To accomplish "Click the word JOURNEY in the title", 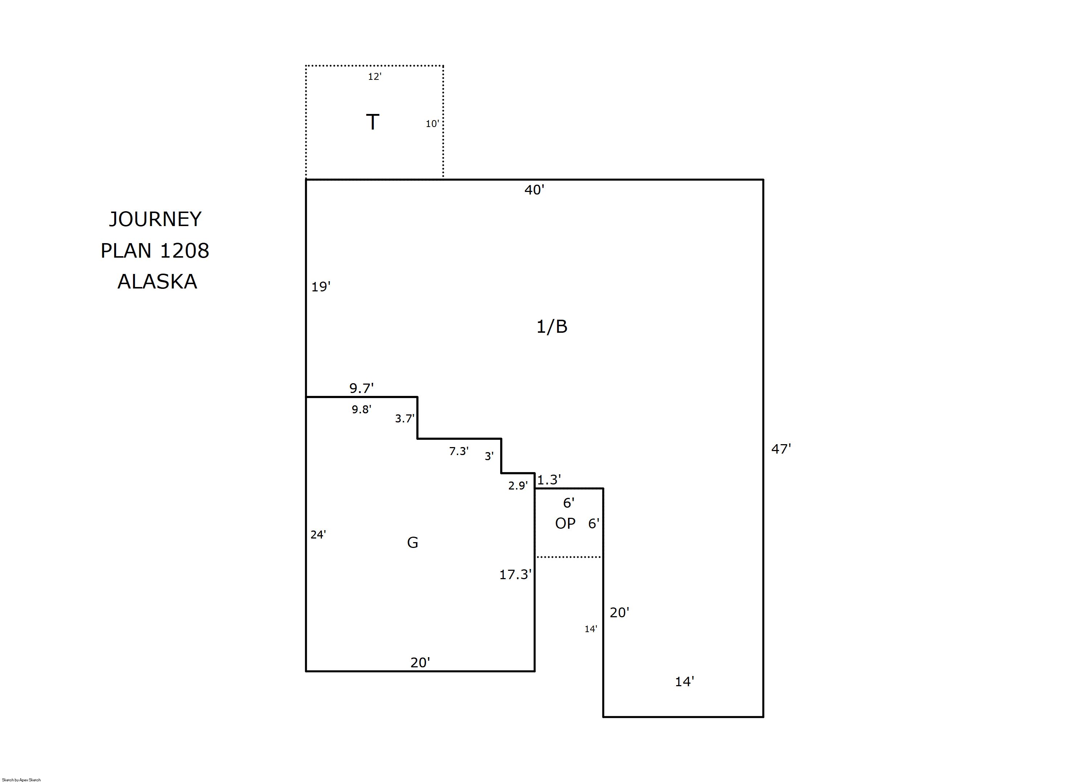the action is coord(155,219).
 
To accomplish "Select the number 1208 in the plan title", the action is coord(185,250).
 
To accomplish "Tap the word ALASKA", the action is coord(157,282).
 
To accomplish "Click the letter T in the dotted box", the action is coord(372,122).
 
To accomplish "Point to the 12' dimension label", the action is coord(375,76).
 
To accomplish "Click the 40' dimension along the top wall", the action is coord(534,190).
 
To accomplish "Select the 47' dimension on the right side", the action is coord(781,449).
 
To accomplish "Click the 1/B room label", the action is coord(551,327).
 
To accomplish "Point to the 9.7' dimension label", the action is coord(361,388).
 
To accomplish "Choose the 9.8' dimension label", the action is coord(361,409).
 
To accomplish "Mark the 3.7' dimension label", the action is coord(405,418).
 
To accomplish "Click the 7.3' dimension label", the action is coord(459,451).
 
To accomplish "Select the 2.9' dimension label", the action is coord(518,485).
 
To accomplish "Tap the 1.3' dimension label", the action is coord(549,479).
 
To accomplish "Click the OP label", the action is coord(565,523).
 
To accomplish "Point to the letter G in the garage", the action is coord(412,543).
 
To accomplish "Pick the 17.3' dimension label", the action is coord(515,574).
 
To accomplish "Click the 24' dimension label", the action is coord(318,535).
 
